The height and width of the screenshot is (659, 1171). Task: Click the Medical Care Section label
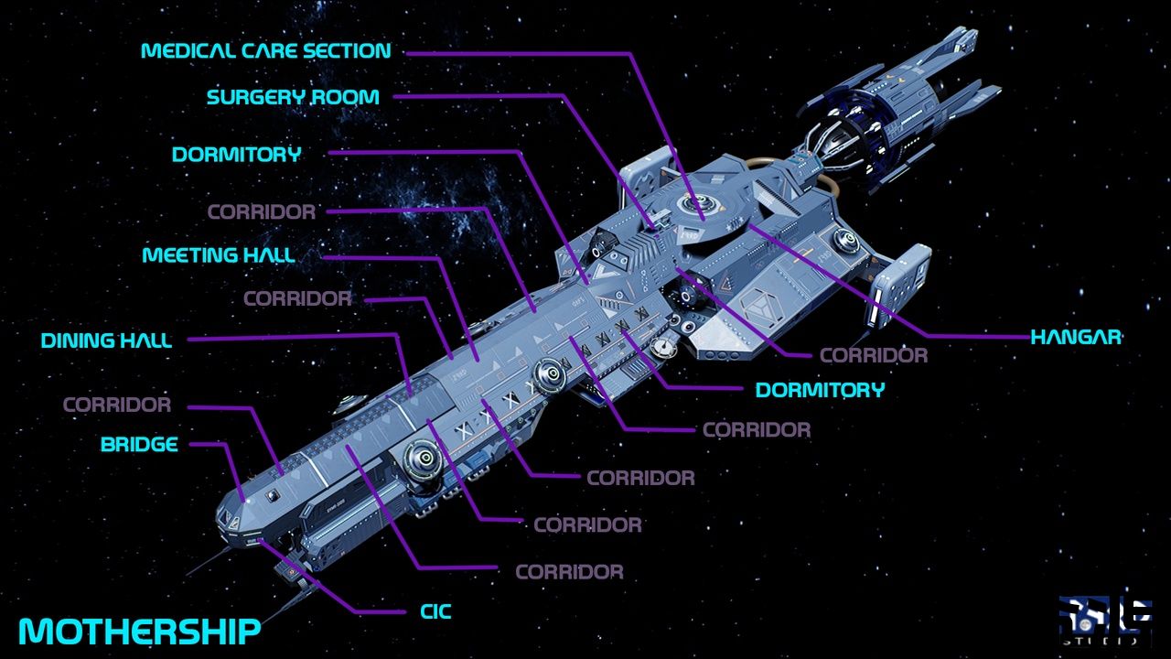[265, 50]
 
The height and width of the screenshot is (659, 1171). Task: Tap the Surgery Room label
[293, 97]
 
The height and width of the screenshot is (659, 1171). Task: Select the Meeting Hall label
[219, 255]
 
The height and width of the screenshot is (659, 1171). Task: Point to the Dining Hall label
[106, 341]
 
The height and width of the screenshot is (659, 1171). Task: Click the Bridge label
[139, 446]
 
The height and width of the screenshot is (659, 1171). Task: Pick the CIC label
[435, 611]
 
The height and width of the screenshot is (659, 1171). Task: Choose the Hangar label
[1076, 337]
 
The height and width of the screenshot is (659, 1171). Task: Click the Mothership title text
[139, 631]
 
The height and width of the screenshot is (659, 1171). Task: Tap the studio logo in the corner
[1105, 621]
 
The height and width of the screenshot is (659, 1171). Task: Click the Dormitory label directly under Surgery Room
[236, 155]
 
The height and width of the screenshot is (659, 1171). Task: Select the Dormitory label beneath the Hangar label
[820, 390]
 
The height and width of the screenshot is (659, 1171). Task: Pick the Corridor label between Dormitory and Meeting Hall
[262, 212]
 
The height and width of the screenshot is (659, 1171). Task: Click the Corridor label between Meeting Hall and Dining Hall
[297, 298]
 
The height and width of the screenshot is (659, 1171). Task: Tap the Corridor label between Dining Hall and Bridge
[117, 405]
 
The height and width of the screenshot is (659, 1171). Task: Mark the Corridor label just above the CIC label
[569, 572]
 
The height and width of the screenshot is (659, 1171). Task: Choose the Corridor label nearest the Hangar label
[874, 355]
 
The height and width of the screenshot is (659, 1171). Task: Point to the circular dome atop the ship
[703, 205]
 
